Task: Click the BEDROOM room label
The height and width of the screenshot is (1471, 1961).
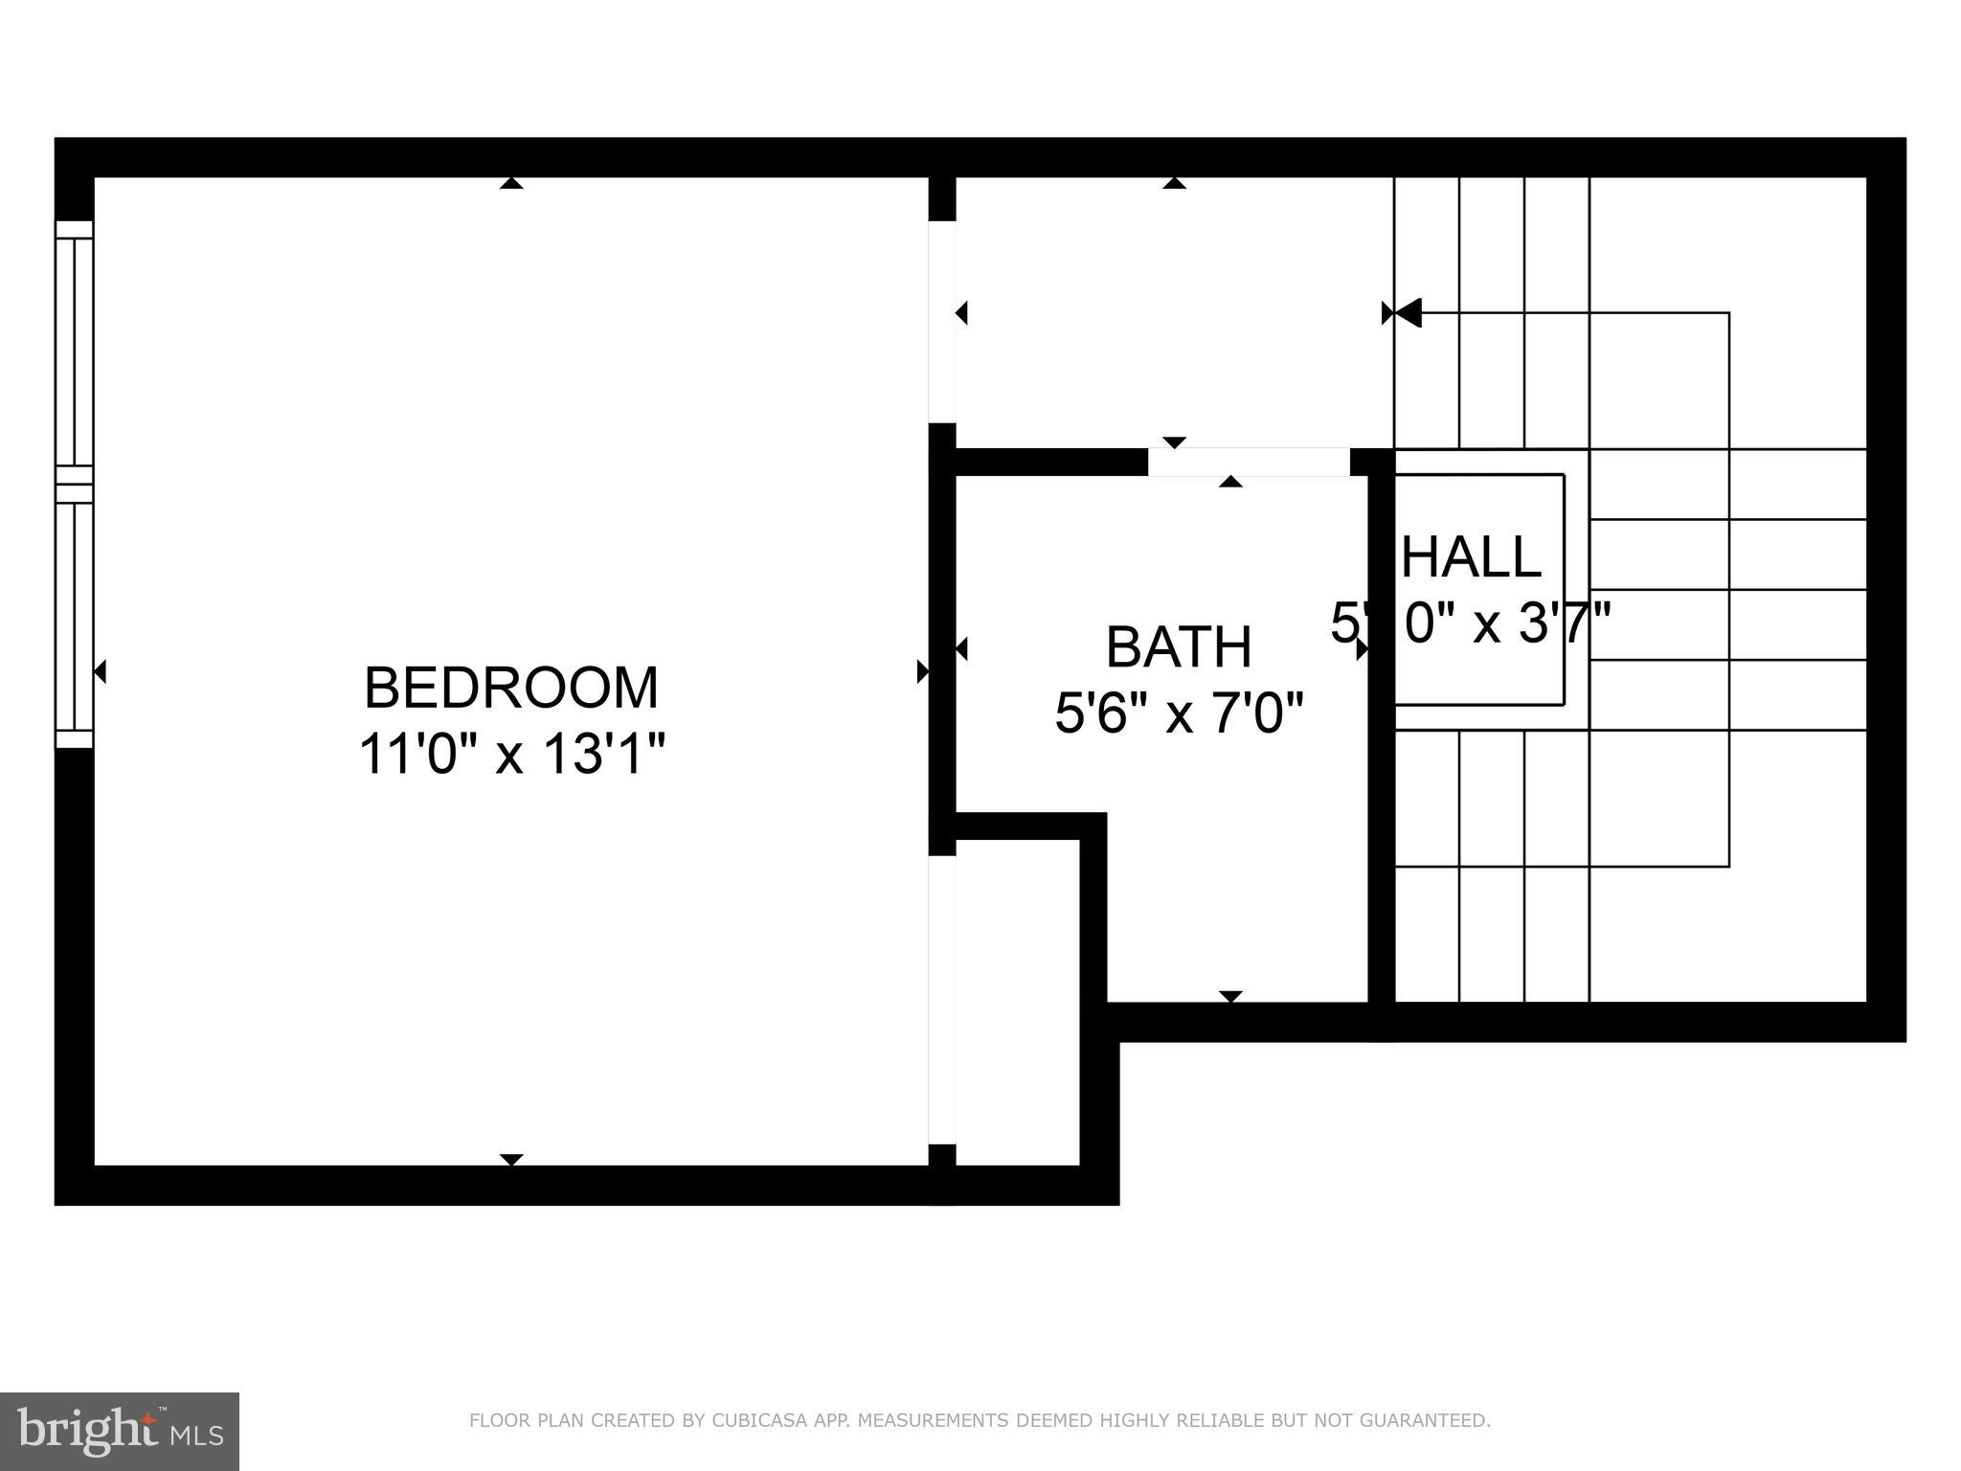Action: click(x=511, y=688)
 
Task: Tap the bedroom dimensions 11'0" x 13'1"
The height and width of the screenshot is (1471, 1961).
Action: click(x=511, y=755)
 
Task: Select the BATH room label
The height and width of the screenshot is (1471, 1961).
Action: click(x=1179, y=647)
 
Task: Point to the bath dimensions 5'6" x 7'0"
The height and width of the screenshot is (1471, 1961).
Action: click(x=1179, y=714)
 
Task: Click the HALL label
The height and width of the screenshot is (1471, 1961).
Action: click(x=1472, y=557)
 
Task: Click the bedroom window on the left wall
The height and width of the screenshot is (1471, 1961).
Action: click(x=75, y=485)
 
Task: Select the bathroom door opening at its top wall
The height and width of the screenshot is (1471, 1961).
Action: click(x=1249, y=462)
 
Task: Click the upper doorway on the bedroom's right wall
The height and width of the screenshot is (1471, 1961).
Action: click(x=942, y=322)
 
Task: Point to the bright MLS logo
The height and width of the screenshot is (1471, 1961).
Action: click(x=119, y=1432)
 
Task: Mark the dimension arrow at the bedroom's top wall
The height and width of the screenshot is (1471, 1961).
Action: click(x=511, y=183)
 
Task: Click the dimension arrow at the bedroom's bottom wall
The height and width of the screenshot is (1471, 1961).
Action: click(x=511, y=1160)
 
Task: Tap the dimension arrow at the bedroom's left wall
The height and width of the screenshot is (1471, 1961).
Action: click(x=100, y=671)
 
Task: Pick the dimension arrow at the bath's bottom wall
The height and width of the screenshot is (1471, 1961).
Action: click(x=1230, y=996)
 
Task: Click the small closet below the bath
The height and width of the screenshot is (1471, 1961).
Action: click(x=1017, y=1001)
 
